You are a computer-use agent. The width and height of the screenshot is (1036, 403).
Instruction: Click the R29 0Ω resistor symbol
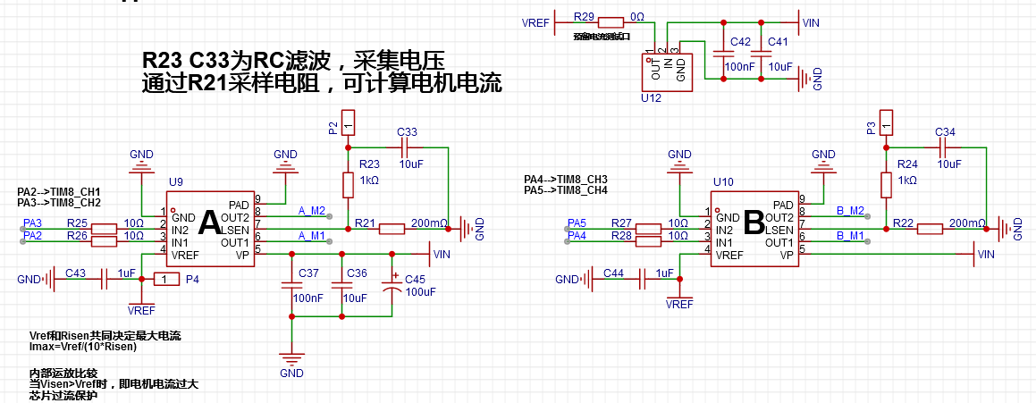pyautogui.click(x=611, y=23)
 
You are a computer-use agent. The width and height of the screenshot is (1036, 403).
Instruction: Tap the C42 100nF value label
pyautogui.click(x=739, y=67)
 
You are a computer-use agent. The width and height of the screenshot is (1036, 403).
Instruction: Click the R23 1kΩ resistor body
pyautogui.click(x=349, y=185)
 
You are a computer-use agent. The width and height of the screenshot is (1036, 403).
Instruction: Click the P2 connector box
pyautogui.click(x=349, y=121)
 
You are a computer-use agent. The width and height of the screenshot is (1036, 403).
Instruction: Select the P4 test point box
pyautogui.click(x=166, y=280)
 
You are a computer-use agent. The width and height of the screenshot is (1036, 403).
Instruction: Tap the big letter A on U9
pyautogui.click(x=210, y=223)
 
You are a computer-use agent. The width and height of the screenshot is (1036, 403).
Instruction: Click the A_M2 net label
pyautogui.click(x=312, y=211)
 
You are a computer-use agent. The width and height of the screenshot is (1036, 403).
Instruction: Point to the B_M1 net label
pyautogui.click(x=851, y=236)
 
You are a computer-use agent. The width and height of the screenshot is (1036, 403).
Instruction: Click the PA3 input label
pyautogui.click(x=32, y=222)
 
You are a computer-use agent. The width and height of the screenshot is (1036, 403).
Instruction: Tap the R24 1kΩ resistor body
pyautogui.click(x=886, y=185)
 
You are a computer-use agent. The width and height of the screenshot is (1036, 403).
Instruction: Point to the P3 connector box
pyautogui.click(x=886, y=121)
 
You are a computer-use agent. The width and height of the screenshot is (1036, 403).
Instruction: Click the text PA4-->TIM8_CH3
pyautogui.click(x=566, y=179)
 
